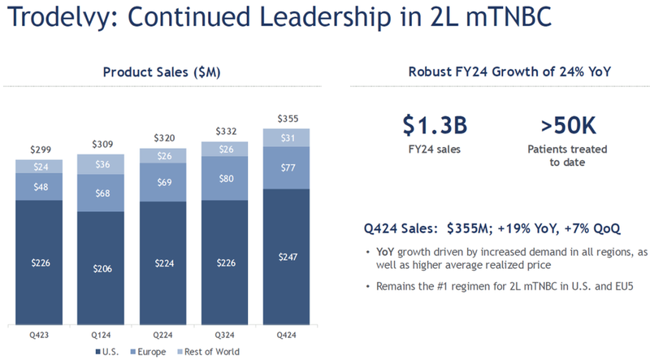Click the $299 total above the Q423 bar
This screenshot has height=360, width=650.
[x=38, y=150]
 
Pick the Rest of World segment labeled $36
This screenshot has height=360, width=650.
[x=100, y=163]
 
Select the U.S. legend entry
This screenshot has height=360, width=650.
[x=110, y=351]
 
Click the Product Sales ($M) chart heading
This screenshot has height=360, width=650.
[x=162, y=72]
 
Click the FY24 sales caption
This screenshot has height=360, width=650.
[x=435, y=150]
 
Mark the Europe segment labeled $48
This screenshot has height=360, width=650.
[x=38, y=187]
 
